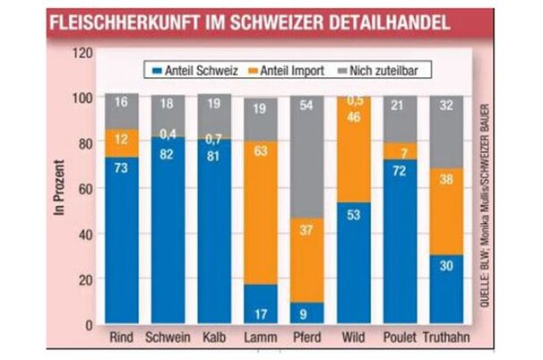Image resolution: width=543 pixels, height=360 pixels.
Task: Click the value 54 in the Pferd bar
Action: (306, 107)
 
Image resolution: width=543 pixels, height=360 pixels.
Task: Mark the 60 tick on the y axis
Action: (85, 188)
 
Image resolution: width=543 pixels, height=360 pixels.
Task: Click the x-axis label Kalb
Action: (214, 339)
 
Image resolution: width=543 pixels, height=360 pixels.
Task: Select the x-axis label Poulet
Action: (400, 339)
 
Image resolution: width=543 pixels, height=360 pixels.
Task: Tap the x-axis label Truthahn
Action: (446, 339)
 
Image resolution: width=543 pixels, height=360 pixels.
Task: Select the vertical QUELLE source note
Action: (482, 206)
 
